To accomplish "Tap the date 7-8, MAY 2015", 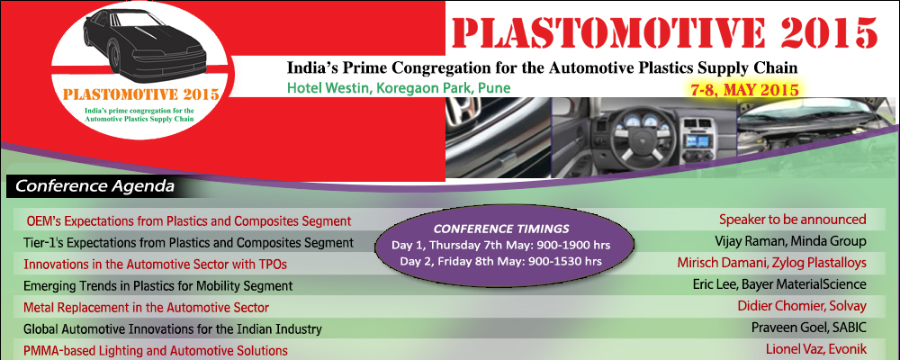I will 745,89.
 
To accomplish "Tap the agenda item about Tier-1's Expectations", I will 188,242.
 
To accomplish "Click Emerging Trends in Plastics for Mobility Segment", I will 157,286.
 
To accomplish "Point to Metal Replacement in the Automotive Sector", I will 145,308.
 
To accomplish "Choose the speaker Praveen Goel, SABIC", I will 808,328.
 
